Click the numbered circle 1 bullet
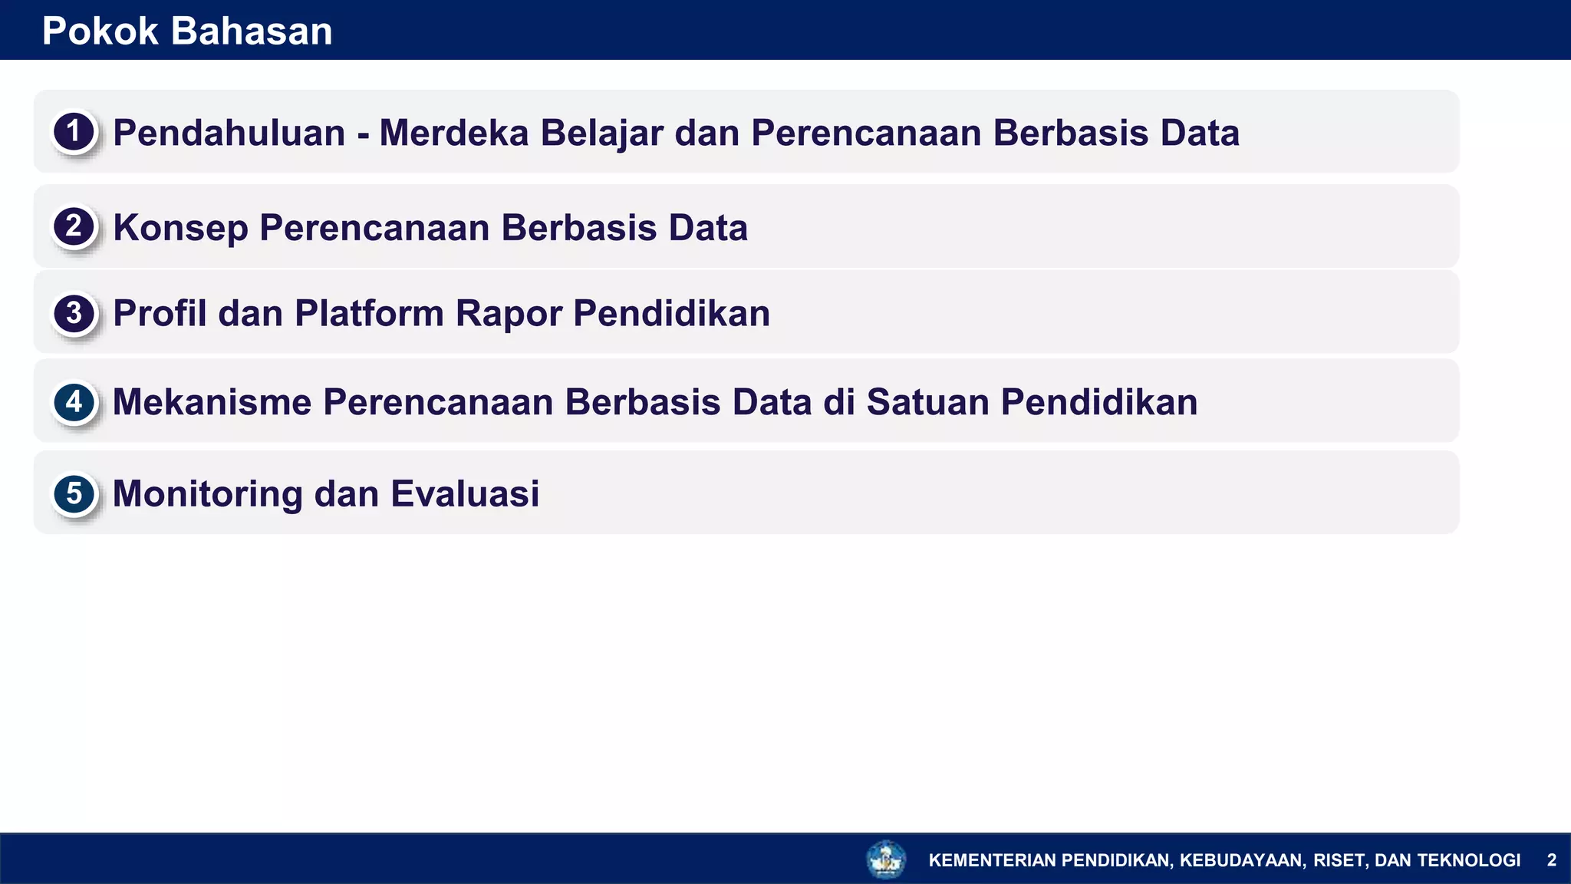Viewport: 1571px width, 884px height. click(x=74, y=132)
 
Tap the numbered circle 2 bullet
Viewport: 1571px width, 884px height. click(x=74, y=227)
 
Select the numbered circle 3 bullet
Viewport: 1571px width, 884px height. click(x=74, y=313)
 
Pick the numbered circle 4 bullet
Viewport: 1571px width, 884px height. click(x=74, y=402)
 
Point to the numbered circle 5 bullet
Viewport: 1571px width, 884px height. click(x=74, y=493)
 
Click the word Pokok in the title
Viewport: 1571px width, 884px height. click(x=100, y=31)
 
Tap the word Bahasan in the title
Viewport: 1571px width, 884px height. click(x=252, y=31)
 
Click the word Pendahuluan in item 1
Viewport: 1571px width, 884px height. click(x=229, y=133)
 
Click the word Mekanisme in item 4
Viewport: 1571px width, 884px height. click(x=212, y=402)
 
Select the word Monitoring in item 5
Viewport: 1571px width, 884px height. click(x=207, y=493)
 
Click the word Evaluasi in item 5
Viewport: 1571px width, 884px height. click(x=465, y=493)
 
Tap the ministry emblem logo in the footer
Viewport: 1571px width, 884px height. click(x=886, y=859)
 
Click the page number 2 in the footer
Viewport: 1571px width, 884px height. click(x=1551, y=860)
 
